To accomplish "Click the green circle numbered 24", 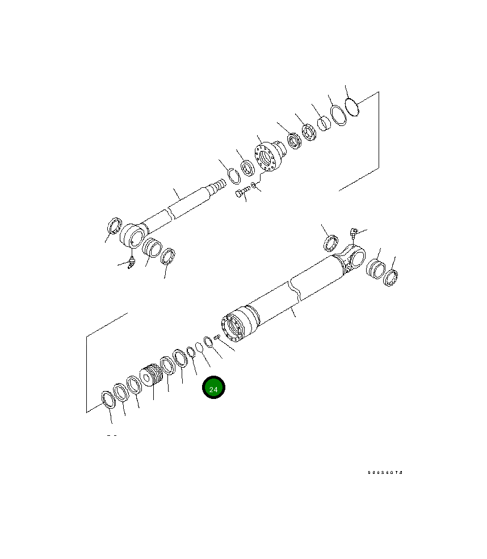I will click(x=214, y=388).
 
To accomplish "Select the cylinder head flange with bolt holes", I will click(x=268, y=156).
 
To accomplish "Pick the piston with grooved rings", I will click(x=152, y=375).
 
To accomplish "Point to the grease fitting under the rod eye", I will click(x=131, y=262).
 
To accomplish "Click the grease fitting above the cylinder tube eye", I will click(x=353, y=232).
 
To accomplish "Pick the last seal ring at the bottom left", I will click(x=107, y=399).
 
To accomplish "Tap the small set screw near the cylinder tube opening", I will click(x=217, y=337).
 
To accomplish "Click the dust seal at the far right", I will click(x=391, y=278).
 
